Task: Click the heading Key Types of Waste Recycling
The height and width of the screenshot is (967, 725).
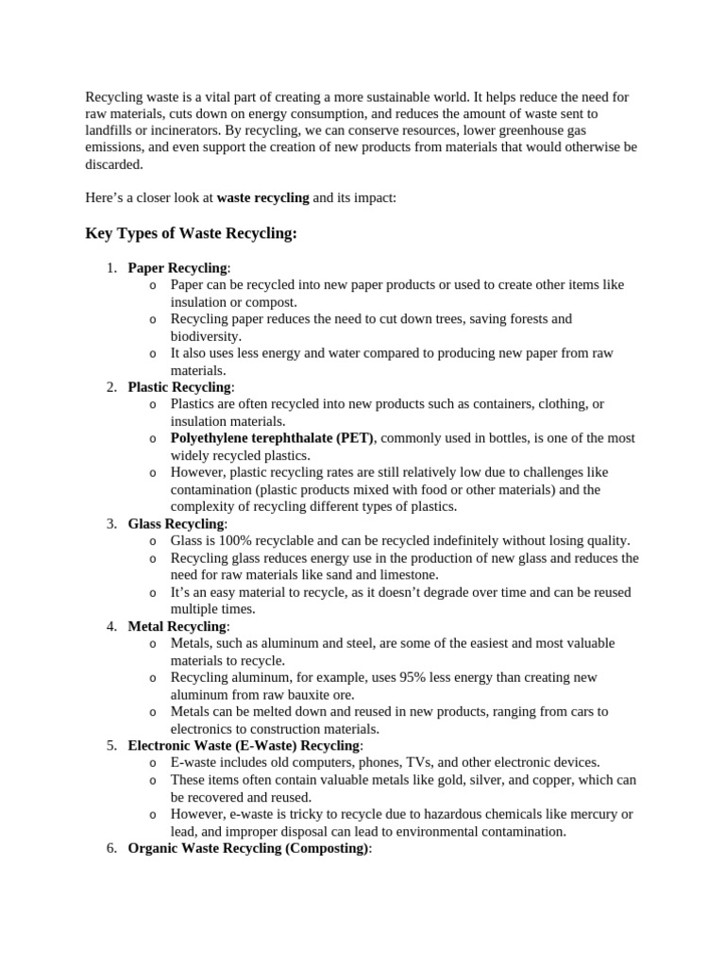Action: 191,233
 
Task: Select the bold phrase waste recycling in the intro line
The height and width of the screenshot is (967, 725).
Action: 262,198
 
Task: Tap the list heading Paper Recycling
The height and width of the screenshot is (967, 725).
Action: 177,268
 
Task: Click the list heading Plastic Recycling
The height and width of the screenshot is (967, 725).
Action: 179,387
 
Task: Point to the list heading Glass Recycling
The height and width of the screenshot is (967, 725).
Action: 177,523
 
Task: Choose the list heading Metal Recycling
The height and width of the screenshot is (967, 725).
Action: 177,626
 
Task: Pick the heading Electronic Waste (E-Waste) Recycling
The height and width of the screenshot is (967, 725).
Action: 244,745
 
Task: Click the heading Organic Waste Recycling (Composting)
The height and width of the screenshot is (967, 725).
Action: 248,848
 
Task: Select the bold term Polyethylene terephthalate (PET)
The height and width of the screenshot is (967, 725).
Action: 272,438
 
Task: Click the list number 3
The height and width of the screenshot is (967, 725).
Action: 111,523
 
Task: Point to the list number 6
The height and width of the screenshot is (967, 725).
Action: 111,848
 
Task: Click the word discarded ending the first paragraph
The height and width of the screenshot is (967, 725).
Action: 112,164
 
